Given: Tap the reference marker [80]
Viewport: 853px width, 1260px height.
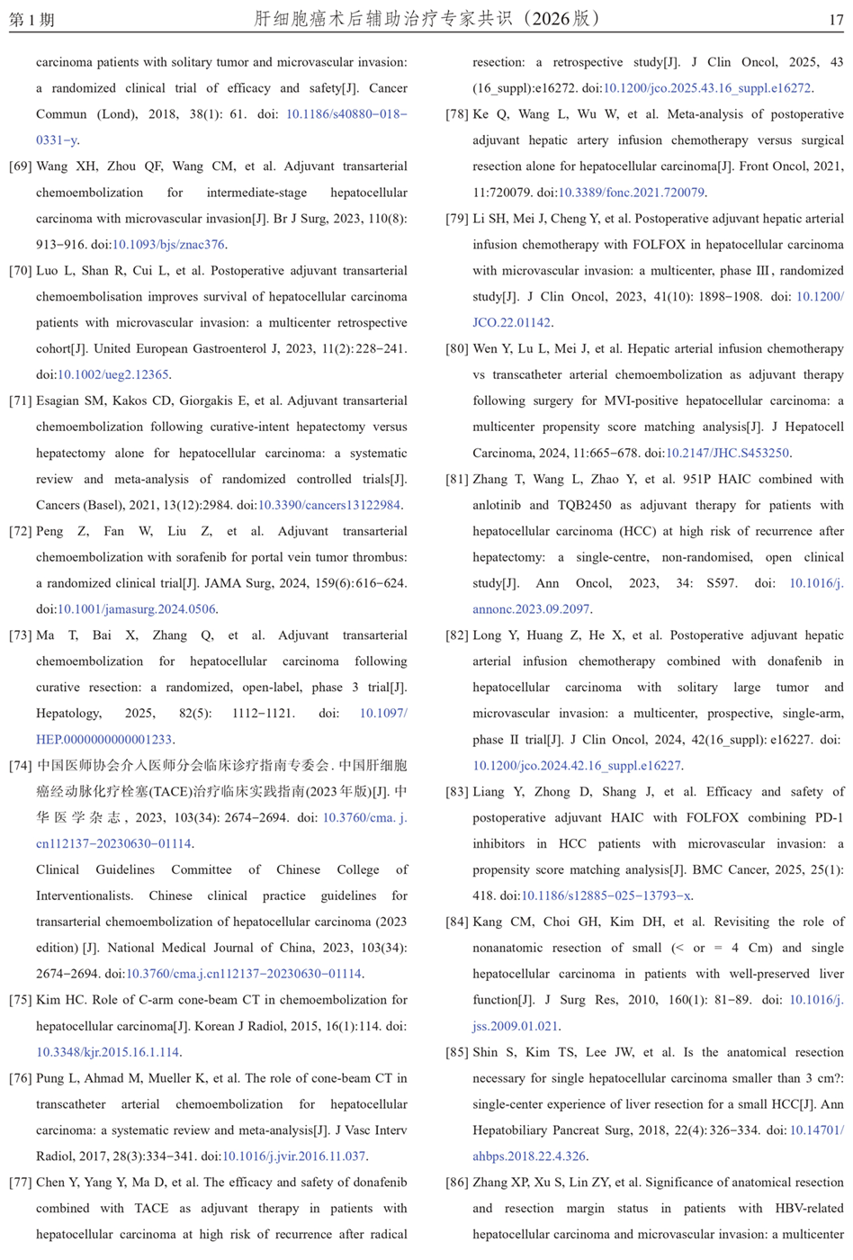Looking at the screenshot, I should pyautogui.click(x=457, y=349).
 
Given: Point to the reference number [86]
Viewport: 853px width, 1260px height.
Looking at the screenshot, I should pyautogui.click(x=457, y=1183).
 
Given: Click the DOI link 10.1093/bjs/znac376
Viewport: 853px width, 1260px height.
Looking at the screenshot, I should pyautogui.click(x=168, y=245).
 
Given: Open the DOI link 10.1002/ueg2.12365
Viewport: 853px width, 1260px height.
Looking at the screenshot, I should pyautogui.click(x=113, y=375).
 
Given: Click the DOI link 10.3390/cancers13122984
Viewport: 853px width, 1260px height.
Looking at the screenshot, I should pyautogui.click(x=329, y=506).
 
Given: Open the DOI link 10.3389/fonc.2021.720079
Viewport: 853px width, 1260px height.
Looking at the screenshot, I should pyautogui.click(x=632, y=193).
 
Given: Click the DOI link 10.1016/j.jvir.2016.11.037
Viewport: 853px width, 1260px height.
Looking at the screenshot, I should pyautogui.click(x=294, y=1156).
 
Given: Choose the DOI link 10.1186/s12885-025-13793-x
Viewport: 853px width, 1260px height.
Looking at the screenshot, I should pyautogui.click(x=606, y=896).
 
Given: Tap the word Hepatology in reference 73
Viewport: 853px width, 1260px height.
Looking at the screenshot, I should pyautogui.click(x=68, y=714).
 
